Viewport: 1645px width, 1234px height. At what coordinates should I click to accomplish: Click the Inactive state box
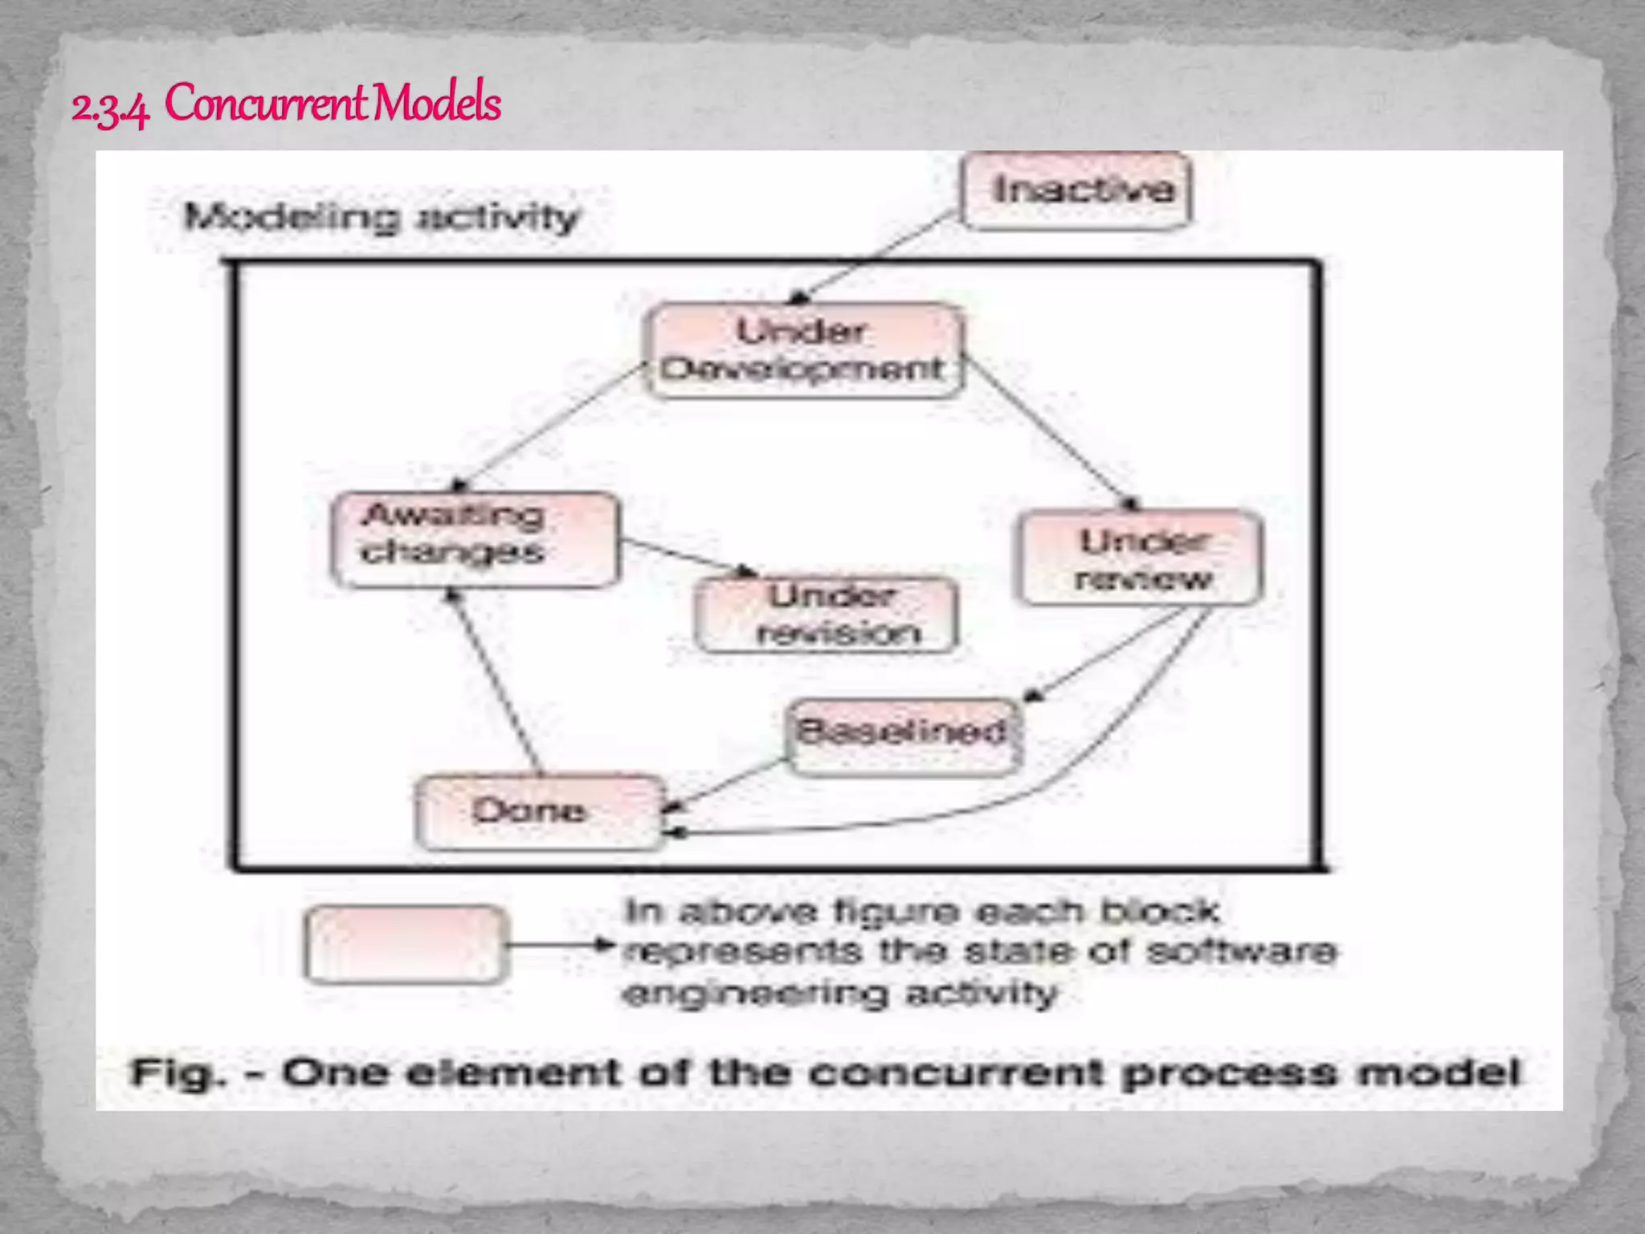[1076, 191]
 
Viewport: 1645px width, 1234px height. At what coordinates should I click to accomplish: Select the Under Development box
[804, 351]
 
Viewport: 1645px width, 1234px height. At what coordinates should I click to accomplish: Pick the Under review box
[1141, 558]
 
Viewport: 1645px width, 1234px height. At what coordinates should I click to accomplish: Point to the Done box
[539, 811]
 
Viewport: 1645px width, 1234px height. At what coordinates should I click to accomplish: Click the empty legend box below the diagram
[406, 944]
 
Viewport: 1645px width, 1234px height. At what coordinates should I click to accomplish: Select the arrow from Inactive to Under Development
[876, 257]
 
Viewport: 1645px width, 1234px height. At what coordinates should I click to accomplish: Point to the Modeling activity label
[381, 217]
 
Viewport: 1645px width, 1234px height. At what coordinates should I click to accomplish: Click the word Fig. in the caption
[178, 1073]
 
